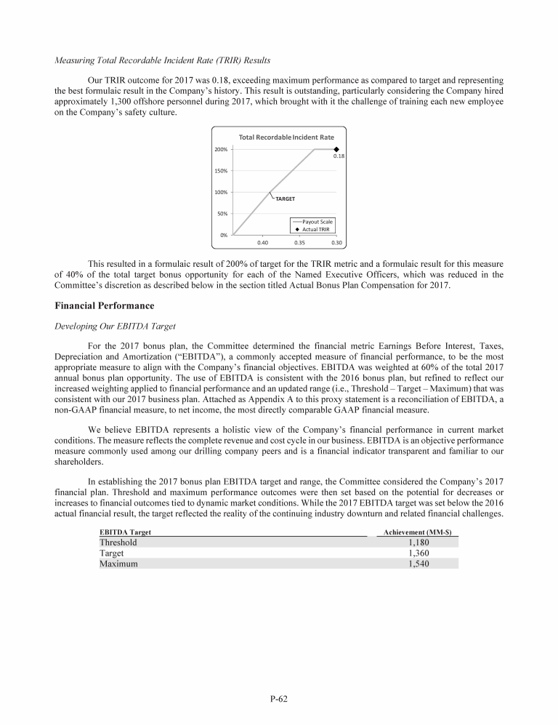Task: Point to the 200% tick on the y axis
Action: click(x=219, y=149)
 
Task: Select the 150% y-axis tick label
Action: click(x=219, y=171)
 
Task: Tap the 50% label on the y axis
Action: click(x=221, y=214)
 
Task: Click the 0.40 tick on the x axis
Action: click(x=263, y=242)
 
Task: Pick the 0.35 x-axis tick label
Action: click(x=299, y=242)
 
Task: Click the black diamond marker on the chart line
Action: click(x=336, y=149)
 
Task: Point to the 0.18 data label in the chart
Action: click(x=339, y=156)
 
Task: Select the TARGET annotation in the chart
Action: click(x=286, y=199)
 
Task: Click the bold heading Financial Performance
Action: click(x=105, y=306)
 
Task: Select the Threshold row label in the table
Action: click(x=118, y=542)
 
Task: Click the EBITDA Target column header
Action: click(x=125, y=532)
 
